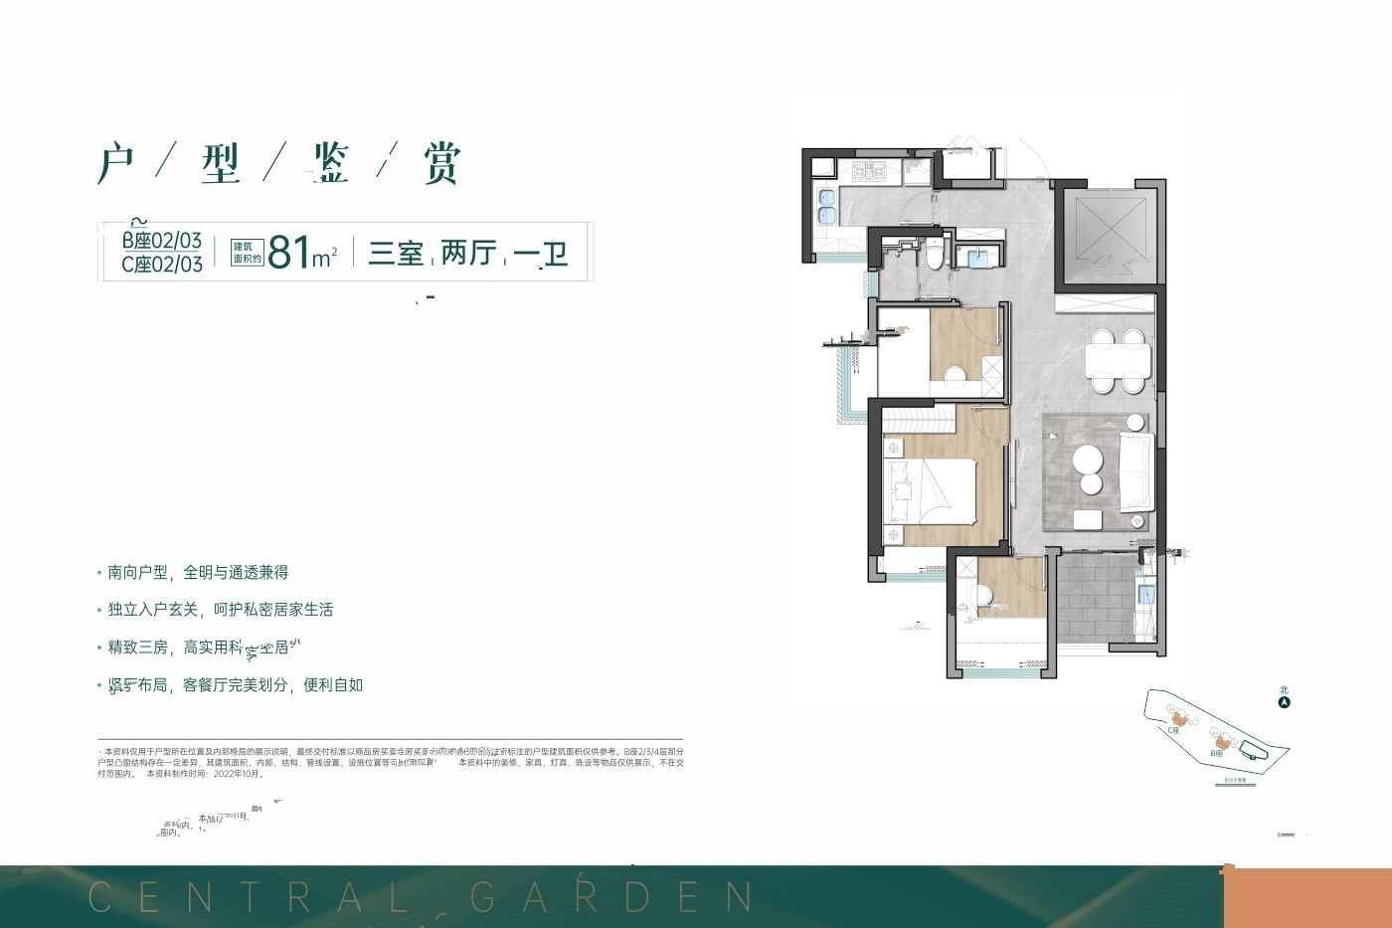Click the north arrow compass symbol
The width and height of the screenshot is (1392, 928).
(x=1284, y=702)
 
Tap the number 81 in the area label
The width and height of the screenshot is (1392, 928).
(x=289, y=253)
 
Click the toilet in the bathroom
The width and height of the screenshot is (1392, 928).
(x=934, y=256)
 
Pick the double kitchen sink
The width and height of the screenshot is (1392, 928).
(x=825, y=206)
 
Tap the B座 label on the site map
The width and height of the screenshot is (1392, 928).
(x=1216, y=754)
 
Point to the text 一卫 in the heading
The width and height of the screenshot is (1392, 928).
(x=541, y=254)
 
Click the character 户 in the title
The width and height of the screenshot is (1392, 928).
(x=116, y=164)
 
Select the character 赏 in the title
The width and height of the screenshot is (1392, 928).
(x=440, y=164)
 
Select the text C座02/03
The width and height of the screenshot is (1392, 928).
(x=162, y=265)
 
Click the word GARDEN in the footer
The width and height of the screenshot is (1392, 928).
(x=612, y=897)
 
